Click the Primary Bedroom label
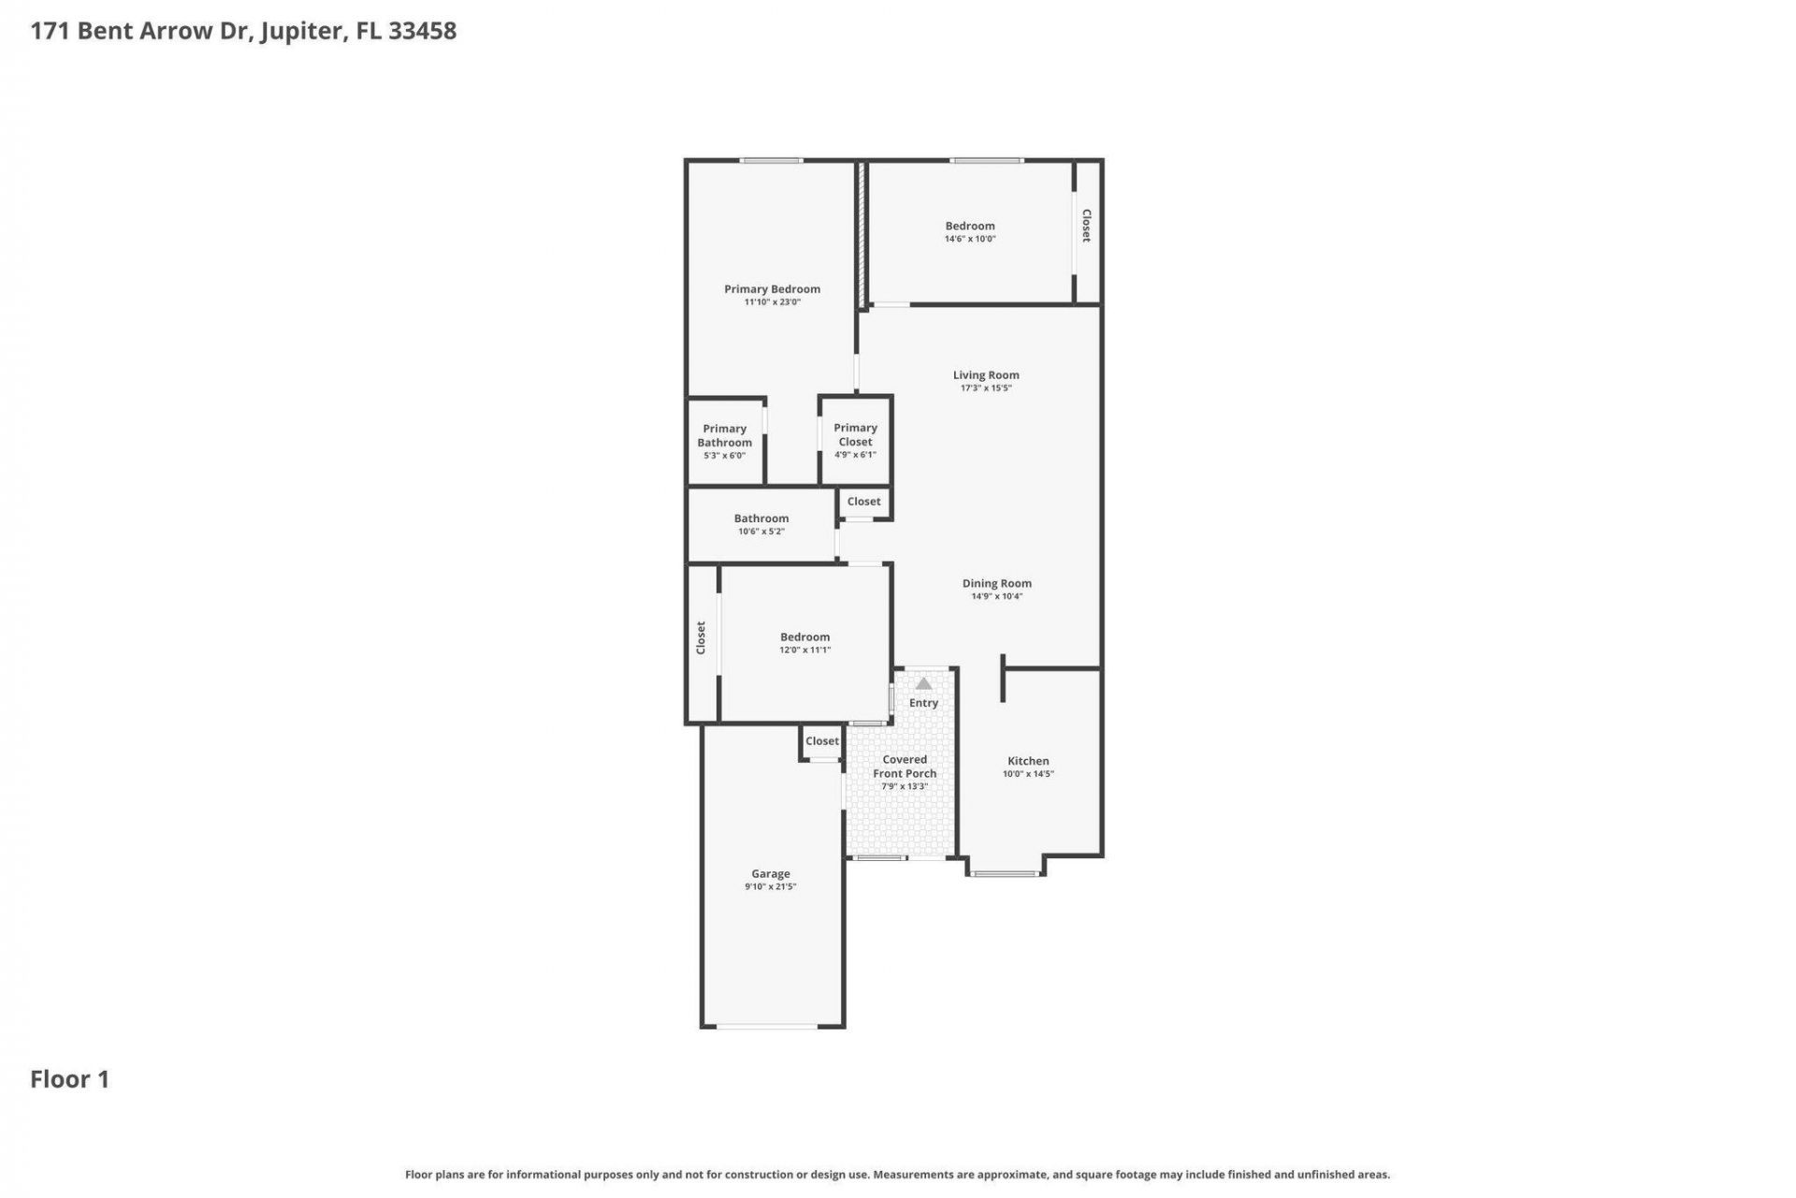[772, 289]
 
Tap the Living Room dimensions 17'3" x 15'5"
[986, 388]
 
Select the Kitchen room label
[1028, 761]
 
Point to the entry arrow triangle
[923, 684]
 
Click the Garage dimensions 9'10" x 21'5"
[770, 887]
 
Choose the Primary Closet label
[855, 435]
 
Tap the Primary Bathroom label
[724, 436]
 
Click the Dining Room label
[996, 583]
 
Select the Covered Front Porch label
[905, 767]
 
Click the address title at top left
[243, 31]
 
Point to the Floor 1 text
[70, 1079]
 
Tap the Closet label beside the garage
[822, 741]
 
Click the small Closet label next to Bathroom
[863, 502]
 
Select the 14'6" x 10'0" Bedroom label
[970, 226]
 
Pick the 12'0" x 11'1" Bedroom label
[804, 637]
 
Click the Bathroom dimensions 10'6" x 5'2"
[760, 532]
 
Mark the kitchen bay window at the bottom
[1004, 874]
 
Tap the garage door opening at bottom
[767, 1027]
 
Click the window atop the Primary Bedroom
[771, 161]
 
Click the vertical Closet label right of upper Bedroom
[1086, 226]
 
